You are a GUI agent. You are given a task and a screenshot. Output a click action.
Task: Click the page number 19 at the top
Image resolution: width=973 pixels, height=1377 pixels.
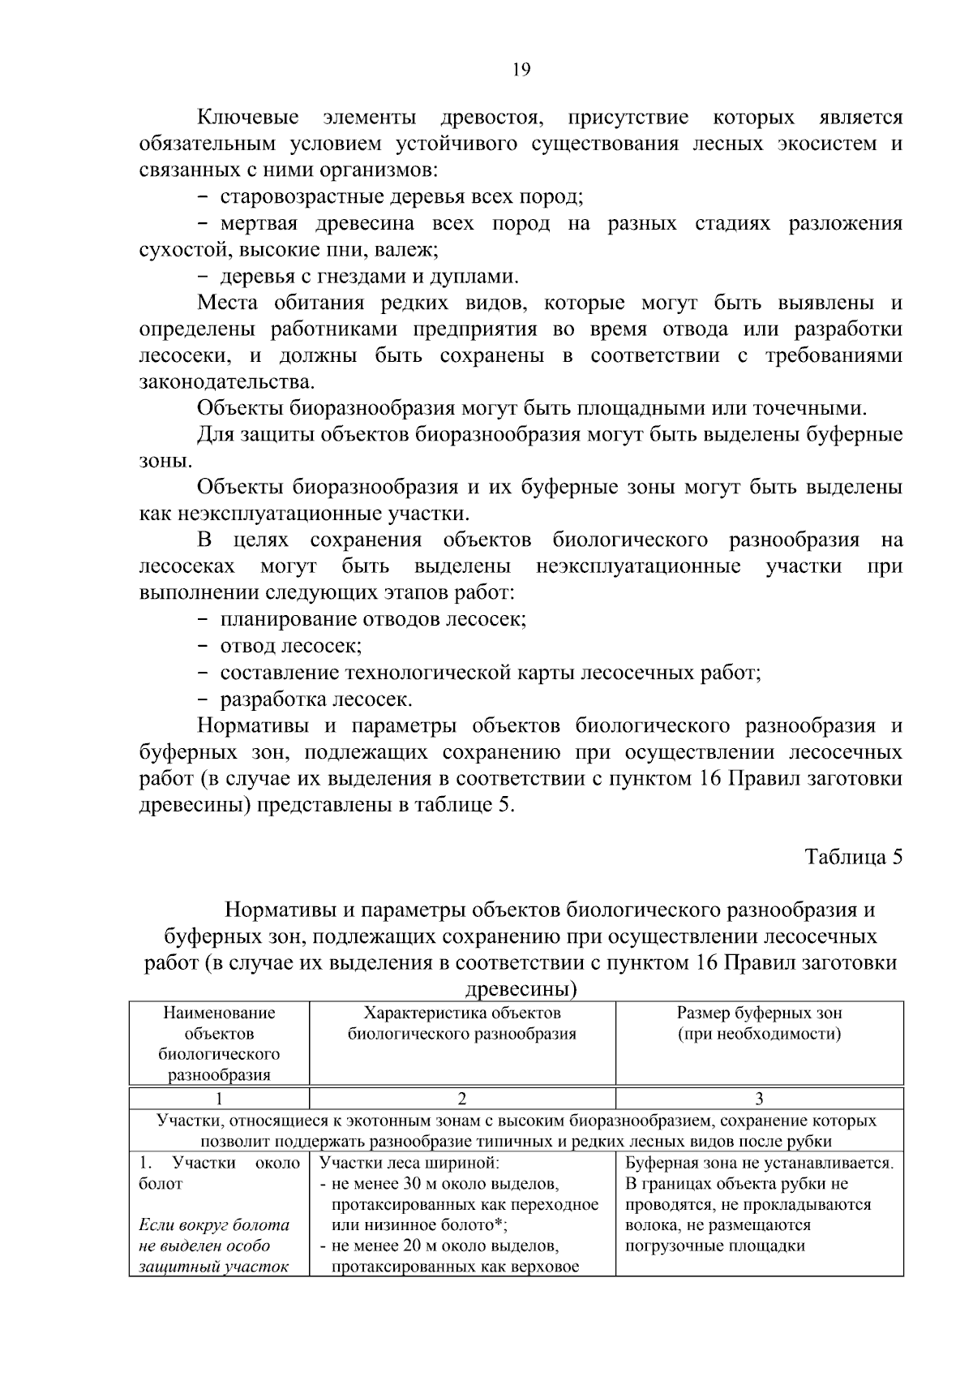click(521, 70)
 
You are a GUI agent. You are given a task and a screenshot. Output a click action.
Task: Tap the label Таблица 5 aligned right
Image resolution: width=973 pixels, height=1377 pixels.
click(853, 858)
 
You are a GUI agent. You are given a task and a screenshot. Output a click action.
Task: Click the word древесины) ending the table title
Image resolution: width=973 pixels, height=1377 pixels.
click(521, 989)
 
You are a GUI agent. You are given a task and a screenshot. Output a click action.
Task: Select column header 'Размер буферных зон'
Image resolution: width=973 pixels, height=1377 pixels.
click(759, 1013)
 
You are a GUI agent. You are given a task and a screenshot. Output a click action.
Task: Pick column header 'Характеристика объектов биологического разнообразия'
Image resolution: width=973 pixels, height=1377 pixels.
click(462, 1023)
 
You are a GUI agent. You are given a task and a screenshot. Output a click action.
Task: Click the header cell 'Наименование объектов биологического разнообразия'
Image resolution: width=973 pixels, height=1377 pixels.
click(219, 1044)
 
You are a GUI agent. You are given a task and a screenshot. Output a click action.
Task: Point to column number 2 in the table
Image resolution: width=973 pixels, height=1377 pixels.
click(462, 1099)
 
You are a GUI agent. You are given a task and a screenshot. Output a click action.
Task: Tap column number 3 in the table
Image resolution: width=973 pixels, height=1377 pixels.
click(759, 1099)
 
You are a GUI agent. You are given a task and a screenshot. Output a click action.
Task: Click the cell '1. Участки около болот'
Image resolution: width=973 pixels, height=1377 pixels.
click(219, 1173)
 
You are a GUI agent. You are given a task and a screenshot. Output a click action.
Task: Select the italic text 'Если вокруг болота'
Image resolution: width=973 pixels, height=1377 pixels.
click(215, 1224)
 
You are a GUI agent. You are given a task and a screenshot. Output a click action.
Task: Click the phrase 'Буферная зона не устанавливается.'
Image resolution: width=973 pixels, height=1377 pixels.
click(759, 1163)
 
